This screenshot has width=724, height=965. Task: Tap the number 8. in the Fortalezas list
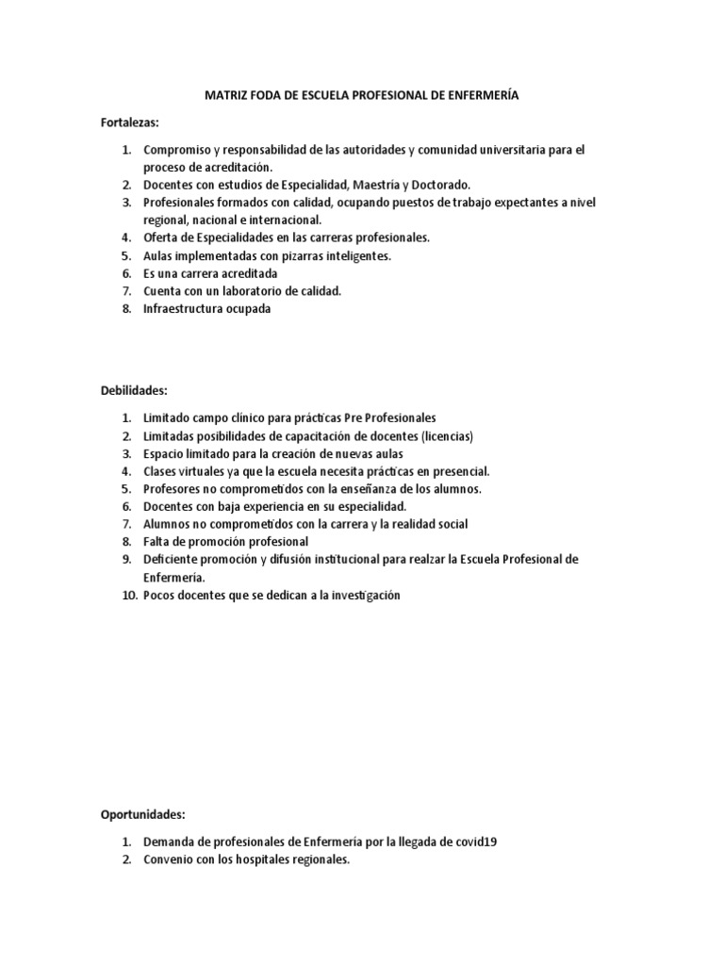[126, 309]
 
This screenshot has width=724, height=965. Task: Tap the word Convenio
[168, 859]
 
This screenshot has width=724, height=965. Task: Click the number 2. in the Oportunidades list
[126, 859]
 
